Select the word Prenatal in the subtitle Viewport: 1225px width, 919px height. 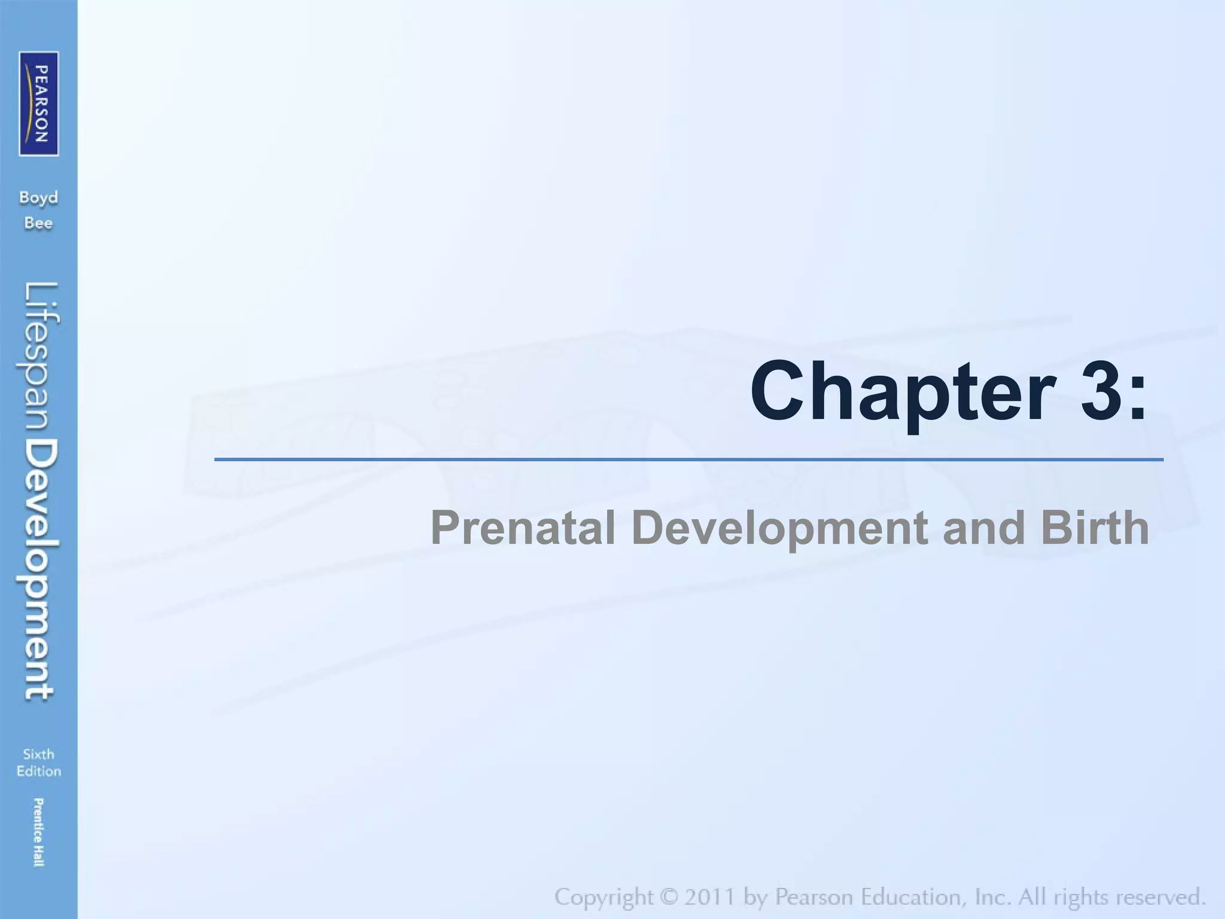[523, 528]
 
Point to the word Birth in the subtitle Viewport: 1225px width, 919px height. [1094, 528]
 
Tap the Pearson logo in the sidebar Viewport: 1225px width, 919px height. [39, 104]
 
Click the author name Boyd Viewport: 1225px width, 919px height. [38, 198]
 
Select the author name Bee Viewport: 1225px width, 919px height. [38, 224]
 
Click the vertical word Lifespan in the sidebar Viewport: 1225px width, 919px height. [41, 359]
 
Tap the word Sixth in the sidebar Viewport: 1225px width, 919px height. [38, 754]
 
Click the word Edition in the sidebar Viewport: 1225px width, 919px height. [38, 771]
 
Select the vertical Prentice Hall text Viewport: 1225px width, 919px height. [38, 832]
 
